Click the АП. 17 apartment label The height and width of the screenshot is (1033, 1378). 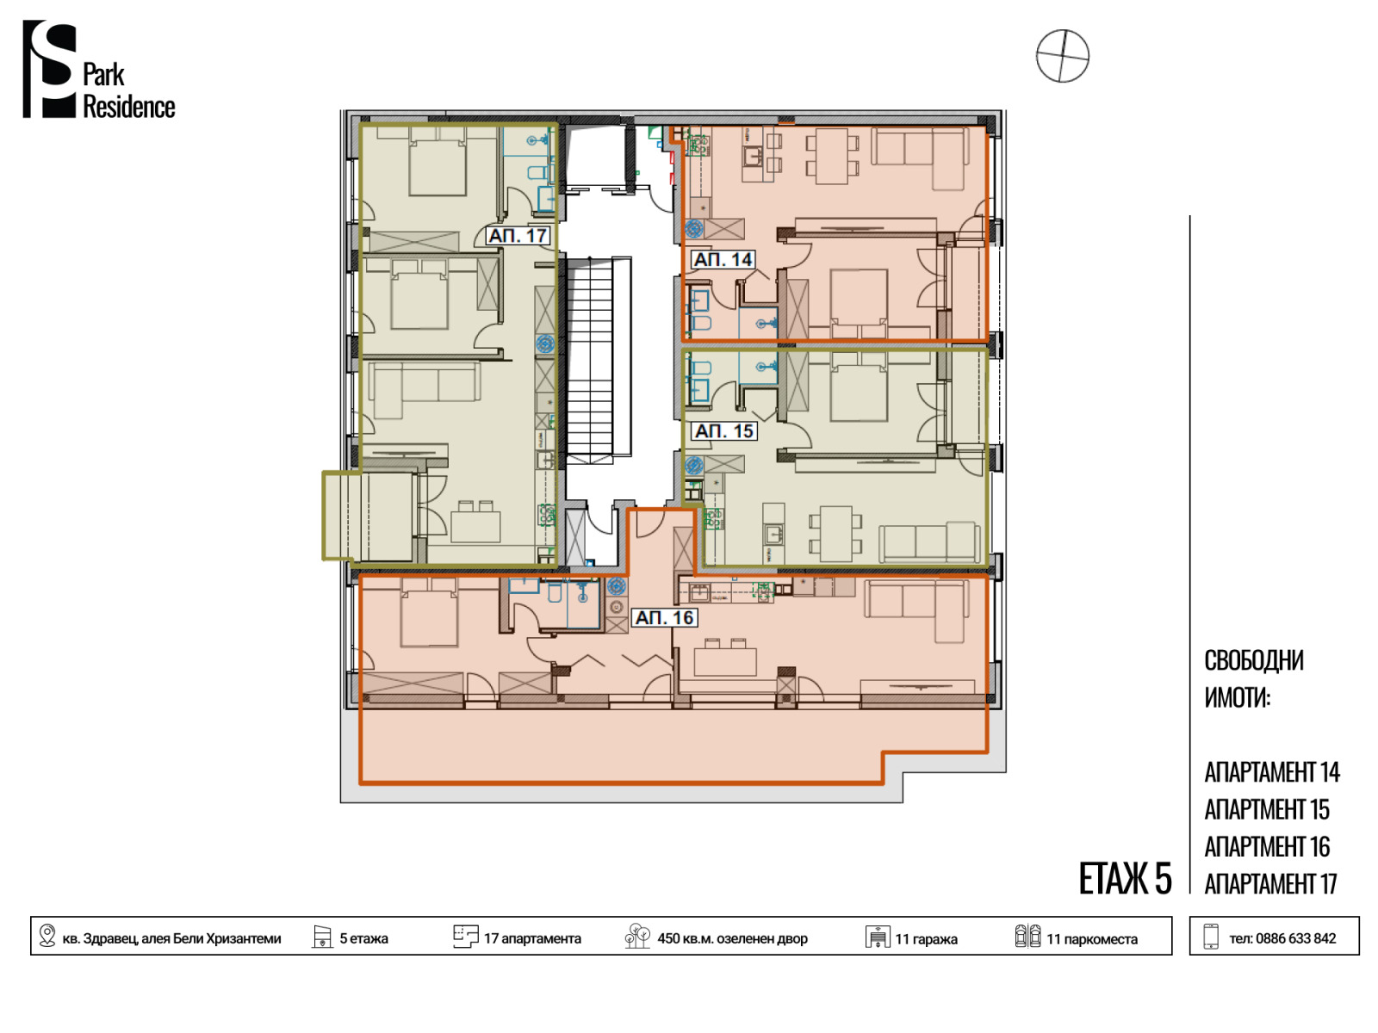coord(518,236)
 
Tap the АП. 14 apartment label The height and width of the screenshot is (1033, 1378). coord(722,259)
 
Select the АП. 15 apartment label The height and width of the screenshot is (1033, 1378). coord(723,431)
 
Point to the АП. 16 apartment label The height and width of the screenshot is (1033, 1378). coord(663,618)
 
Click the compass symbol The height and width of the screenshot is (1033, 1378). coord(1062,56)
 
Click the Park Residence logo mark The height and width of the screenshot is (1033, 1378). coord(50,69)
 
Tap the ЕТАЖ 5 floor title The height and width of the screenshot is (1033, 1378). coord(1124,879)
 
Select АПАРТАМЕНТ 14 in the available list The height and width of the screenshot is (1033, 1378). coord(1270,772)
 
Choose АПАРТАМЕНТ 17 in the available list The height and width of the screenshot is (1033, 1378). coord(1269,884)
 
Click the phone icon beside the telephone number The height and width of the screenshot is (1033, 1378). coord(1210,937)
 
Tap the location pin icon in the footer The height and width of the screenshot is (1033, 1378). coord(47,935)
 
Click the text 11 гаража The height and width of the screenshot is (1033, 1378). coord(925,939)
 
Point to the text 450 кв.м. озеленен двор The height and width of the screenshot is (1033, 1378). coord(731,938)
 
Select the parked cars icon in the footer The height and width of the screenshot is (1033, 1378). coord(1027,936)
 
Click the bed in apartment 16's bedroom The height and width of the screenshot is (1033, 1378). coord(429,618)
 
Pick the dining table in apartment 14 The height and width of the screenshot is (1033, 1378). coord(830,156)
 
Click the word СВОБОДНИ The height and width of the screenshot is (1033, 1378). coord(1253,660)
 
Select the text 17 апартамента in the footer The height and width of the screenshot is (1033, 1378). coord(531,938)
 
